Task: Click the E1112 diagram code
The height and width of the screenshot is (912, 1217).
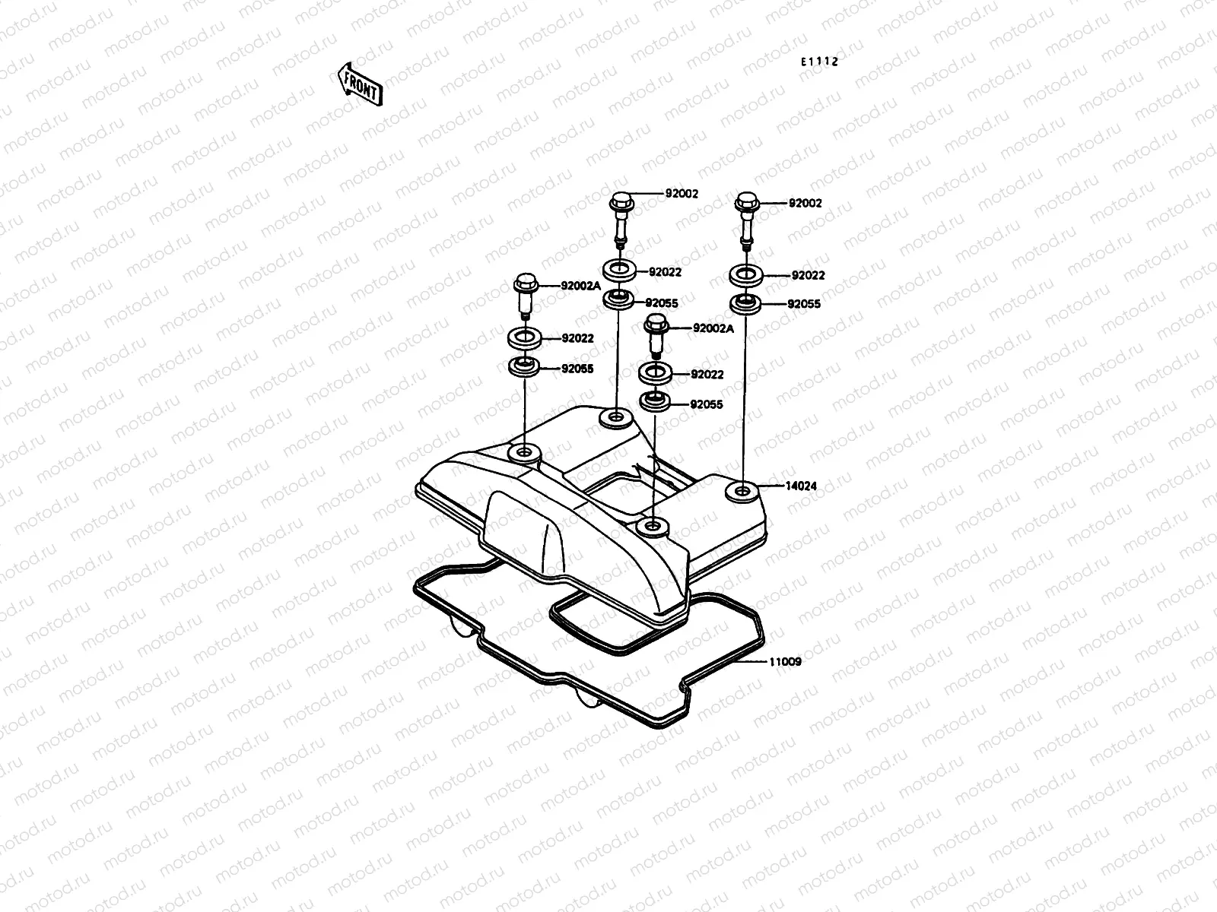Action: (x=818, y=62)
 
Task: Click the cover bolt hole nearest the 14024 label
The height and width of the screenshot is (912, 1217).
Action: (x=742, y=490)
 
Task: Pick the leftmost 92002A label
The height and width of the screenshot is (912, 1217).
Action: (x=580, y=286)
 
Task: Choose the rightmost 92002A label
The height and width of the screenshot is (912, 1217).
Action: (x=713, y=328)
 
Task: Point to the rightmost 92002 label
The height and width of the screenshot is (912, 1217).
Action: (x=805, y=203)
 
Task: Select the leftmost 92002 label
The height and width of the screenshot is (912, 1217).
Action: (x=682, y=194)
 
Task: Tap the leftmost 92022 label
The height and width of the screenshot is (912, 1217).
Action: (x=577, y=338)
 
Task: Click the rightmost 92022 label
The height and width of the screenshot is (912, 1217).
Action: (x=808, y=276)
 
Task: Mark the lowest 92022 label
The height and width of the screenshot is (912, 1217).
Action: (x=707, y=375)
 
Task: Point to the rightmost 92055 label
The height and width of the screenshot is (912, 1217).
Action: (x=804, y=304)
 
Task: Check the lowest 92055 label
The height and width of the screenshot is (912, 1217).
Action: (x=707, y=404)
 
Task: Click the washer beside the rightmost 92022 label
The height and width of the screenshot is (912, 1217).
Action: (x=746, y=275)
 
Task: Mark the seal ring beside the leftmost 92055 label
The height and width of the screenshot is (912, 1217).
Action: (x=524, y=368)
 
